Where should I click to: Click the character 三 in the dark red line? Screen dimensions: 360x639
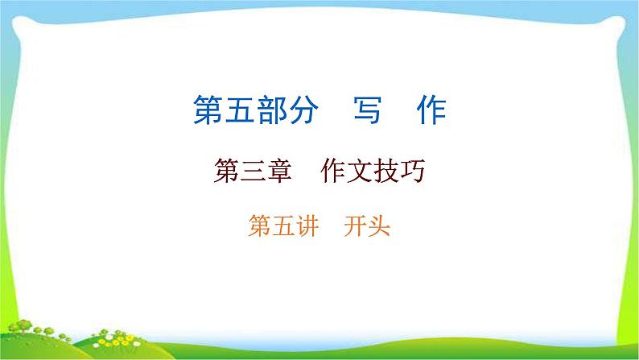tap(251, 172)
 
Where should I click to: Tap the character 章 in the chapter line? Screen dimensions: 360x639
tap(278, 172)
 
